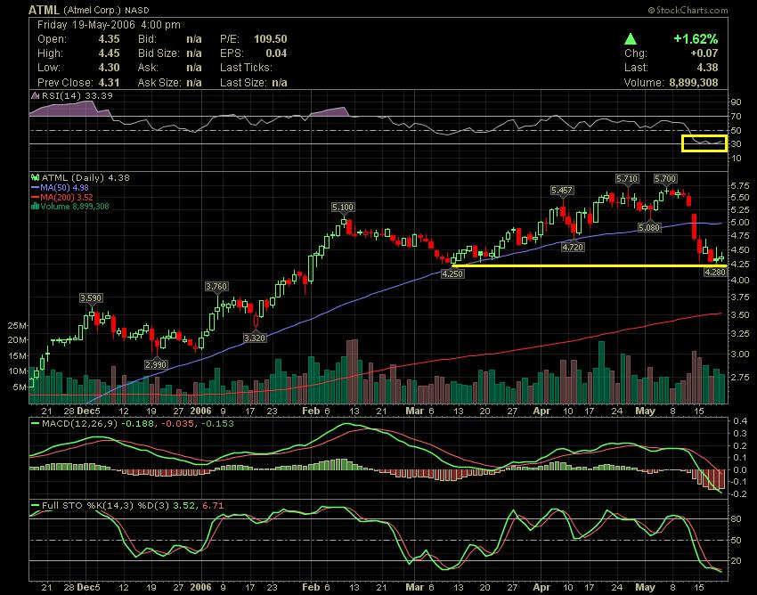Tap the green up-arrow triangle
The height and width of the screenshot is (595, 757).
point(630,40)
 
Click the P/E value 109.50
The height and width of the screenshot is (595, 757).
point(269,40)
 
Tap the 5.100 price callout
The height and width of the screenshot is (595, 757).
point(342,208)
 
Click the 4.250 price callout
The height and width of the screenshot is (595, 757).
point(453,274)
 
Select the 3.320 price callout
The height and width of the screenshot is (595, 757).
point(254,338)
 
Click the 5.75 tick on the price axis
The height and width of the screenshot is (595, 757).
point(738,185)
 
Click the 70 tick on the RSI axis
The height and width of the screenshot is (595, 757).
point(736,116)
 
